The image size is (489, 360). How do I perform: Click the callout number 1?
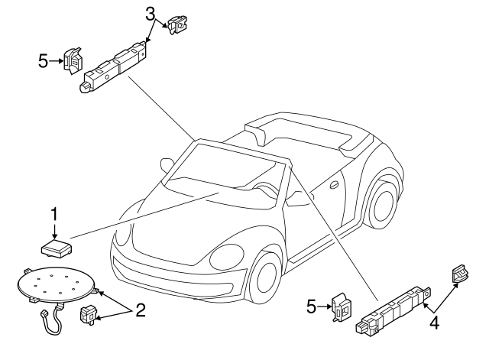(54, 214)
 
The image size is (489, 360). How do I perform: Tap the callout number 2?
(141, 310)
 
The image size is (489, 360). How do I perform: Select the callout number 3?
(151, 14)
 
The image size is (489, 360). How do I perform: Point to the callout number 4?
(435, 323)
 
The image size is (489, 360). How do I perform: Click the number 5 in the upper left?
(44, 61)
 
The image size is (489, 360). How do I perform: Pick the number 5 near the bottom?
(311, 306)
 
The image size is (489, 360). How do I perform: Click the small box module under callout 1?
(57, 248)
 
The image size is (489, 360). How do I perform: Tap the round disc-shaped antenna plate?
(56, 284)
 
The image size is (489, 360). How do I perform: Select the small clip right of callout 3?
(176, 25)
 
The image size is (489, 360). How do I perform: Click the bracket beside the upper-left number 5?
(73, 61)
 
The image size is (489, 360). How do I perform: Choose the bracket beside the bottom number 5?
(341, 306)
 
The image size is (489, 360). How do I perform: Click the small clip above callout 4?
(460, 273)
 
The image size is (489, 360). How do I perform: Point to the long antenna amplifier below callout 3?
(115, 66)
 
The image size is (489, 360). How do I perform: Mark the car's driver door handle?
(335, 185)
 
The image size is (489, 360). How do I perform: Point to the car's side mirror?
(167, 164)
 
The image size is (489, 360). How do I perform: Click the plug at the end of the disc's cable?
(44, 313)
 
